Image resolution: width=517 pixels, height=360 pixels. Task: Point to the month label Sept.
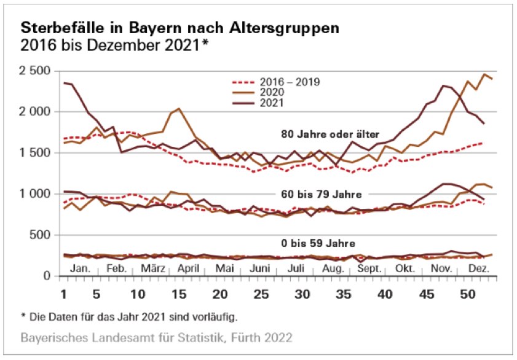pos(369,269)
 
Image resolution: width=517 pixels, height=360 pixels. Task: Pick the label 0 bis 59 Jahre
pos(315,243)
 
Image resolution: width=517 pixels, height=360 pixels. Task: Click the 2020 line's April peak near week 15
pos(178,109)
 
